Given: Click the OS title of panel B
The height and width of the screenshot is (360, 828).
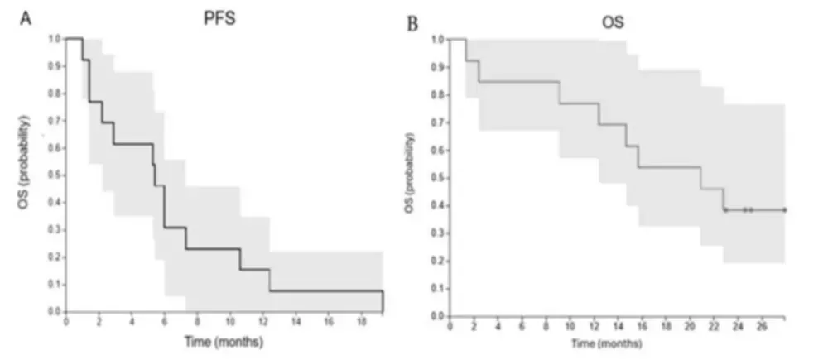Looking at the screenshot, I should pyautogui.click(x=614, y=24).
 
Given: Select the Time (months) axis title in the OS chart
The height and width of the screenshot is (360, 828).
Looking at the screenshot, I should pyautogui.click(x=617, y=342).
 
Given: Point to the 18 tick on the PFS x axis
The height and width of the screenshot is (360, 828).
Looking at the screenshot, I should pyautogui.click(x=362, y=322).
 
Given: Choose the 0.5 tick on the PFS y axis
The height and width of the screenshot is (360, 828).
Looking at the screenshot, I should pyautogui.click(x=54, y=175).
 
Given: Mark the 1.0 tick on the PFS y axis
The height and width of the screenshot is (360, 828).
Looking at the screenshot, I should pyautogui.click(x=54, y=38).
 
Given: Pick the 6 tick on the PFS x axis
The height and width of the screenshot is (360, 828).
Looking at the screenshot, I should pyautogui.click(x=165, y=322).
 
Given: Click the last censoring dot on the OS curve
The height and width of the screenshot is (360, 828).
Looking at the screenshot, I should pyautogui.click(x=784, y=209).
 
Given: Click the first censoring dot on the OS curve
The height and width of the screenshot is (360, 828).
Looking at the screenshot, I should pyautogui.click(x=725, y=209).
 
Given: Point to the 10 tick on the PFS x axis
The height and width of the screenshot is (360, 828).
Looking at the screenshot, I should pyautogui.click(x=230, y=322).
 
